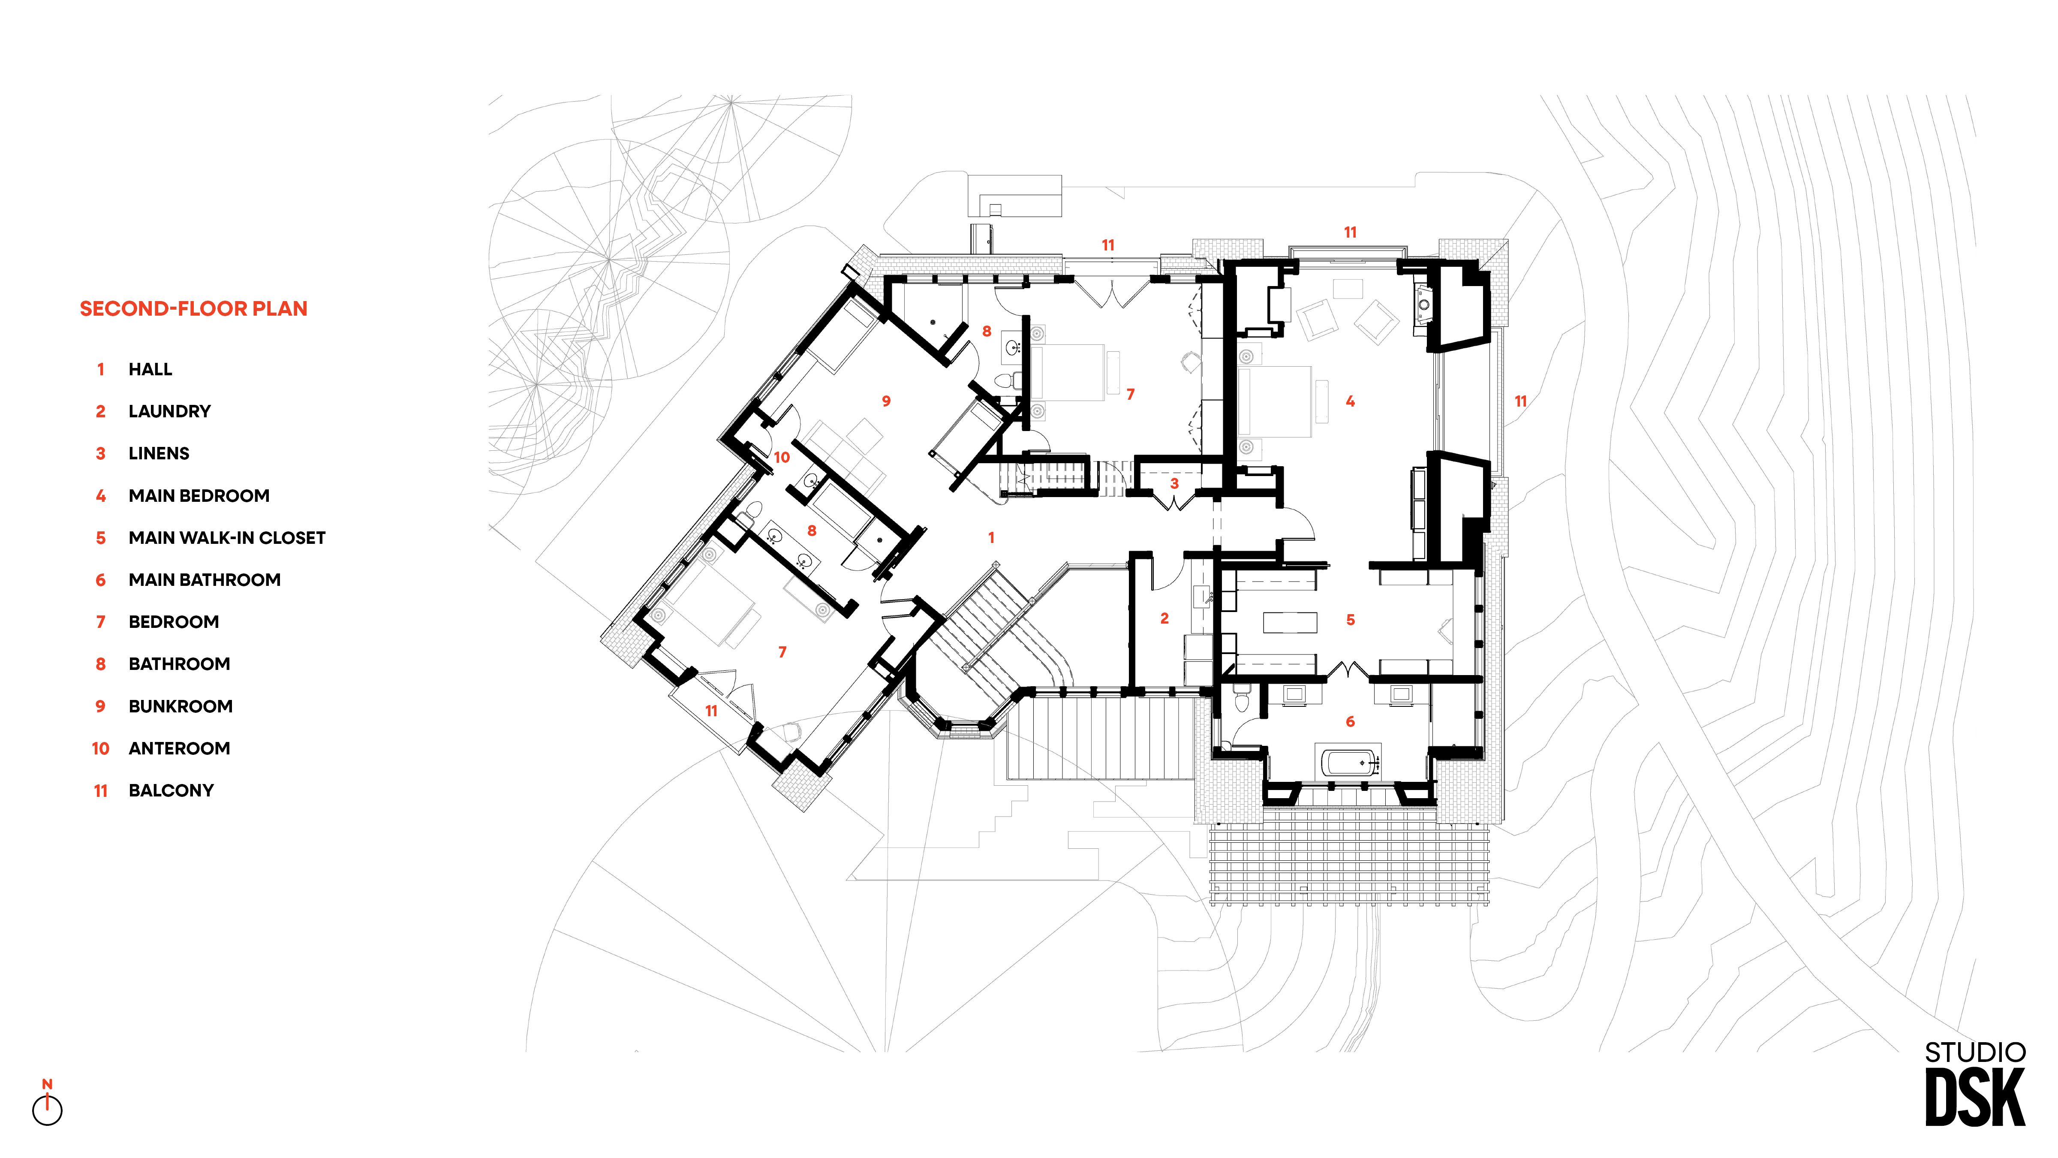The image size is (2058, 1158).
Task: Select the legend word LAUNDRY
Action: point(169,412)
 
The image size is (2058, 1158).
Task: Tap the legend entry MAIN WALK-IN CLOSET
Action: point(227,538)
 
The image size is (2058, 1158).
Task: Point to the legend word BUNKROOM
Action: point(181,706)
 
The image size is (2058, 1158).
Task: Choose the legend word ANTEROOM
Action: point(179,749)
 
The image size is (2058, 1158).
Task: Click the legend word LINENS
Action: point(159,454)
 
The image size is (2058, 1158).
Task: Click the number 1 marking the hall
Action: point(991,538)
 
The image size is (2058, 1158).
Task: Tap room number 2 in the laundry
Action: point(1164,618)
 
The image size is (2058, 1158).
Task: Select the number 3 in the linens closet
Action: point(1174,483)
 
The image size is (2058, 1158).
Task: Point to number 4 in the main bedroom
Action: point(1350,401)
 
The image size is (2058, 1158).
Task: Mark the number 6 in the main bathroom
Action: point(1350,722)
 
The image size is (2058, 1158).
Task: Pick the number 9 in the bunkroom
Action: point(886,401)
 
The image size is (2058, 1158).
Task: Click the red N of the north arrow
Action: point(47,1085)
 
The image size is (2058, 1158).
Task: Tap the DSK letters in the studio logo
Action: point(1975,1097)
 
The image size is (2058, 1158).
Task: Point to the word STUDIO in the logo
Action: point(1975,1052)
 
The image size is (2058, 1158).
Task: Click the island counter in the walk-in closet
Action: point(1289,621)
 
